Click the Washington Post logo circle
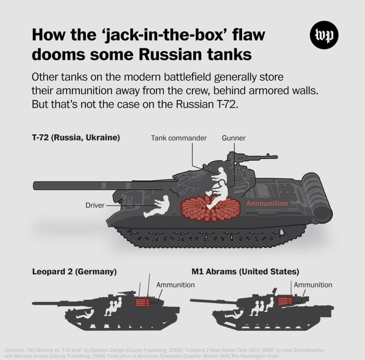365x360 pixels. pyautogui.click(x=324, y=36)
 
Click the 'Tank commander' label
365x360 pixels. pyautogui.click(x=179, y=138)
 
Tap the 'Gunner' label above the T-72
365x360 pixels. pyautogui.click(x=233, y=138)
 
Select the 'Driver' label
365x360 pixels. pyautogui.click(x=95, y=206)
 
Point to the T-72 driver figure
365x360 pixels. pyautogui.click(x=157, y=206)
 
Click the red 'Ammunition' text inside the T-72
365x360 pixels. pyautogui.click(x=266, y=203)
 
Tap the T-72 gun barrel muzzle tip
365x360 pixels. pyautogui.click(x=35, y=185)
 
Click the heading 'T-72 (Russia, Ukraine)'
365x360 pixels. pyautogui.click(x=76, y=138)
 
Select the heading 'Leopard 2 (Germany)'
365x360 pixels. pyautogui.click(x=74, y=272)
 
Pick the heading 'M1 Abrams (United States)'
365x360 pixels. pyautogui.click(x=245, y=272)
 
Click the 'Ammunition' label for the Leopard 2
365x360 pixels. pyautogui.click(x=175, y=285)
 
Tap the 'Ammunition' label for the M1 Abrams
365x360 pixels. pyautogui.click(x=313, y=285)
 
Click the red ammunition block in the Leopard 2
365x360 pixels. pyautogui.click(x=142, y=302)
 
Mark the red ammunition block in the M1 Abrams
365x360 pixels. pyautogui.click(x=284, y=301)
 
